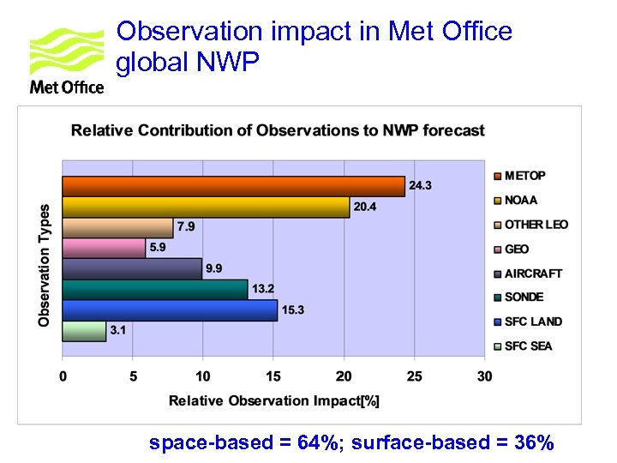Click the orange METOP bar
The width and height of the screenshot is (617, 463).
coord(233,186)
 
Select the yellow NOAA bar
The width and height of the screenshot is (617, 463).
coord(206,207)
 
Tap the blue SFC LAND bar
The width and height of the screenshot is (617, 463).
coord(170,310)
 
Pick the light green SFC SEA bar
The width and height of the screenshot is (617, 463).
coord(84,331)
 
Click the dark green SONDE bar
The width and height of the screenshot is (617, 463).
coord(154,290)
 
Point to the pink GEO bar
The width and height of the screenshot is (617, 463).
coord(104,248)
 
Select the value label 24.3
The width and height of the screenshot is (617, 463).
coord(421,185)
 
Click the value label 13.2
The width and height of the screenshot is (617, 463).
coord(263,289)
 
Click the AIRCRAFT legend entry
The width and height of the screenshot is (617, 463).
coord(533,274)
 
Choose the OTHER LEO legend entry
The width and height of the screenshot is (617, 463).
coord(536,225)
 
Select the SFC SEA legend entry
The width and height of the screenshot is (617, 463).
coord(528,346)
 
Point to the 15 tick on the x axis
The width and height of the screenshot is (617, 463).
coord(273,376)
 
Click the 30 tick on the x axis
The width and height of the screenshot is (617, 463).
coord(484,376)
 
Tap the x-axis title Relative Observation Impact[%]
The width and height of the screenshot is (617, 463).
coord(273,400)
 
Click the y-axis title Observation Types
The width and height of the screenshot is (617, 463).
coord(45,264)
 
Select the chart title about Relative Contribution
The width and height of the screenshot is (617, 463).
coord(278,130)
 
